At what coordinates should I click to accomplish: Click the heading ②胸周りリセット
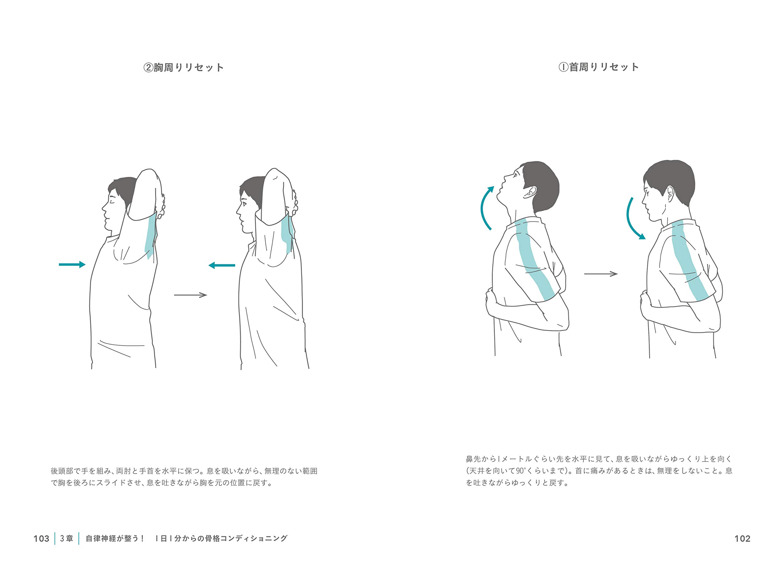(x=183, y=67)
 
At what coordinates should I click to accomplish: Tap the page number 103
(x=41, y=539)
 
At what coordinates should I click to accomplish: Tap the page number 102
(x=742, y=539)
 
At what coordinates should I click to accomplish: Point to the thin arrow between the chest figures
(x=190, y=295)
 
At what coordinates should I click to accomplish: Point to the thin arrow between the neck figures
(x=601, y=274)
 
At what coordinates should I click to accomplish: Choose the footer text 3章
(x=67, y=538)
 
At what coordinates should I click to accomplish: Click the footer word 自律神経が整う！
(x=115, y=538)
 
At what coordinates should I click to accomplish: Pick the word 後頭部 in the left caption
(x=62, y=471)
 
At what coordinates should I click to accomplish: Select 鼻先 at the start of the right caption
(x=473, y=459)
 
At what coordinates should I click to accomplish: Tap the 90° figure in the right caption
(x=520, y=471)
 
